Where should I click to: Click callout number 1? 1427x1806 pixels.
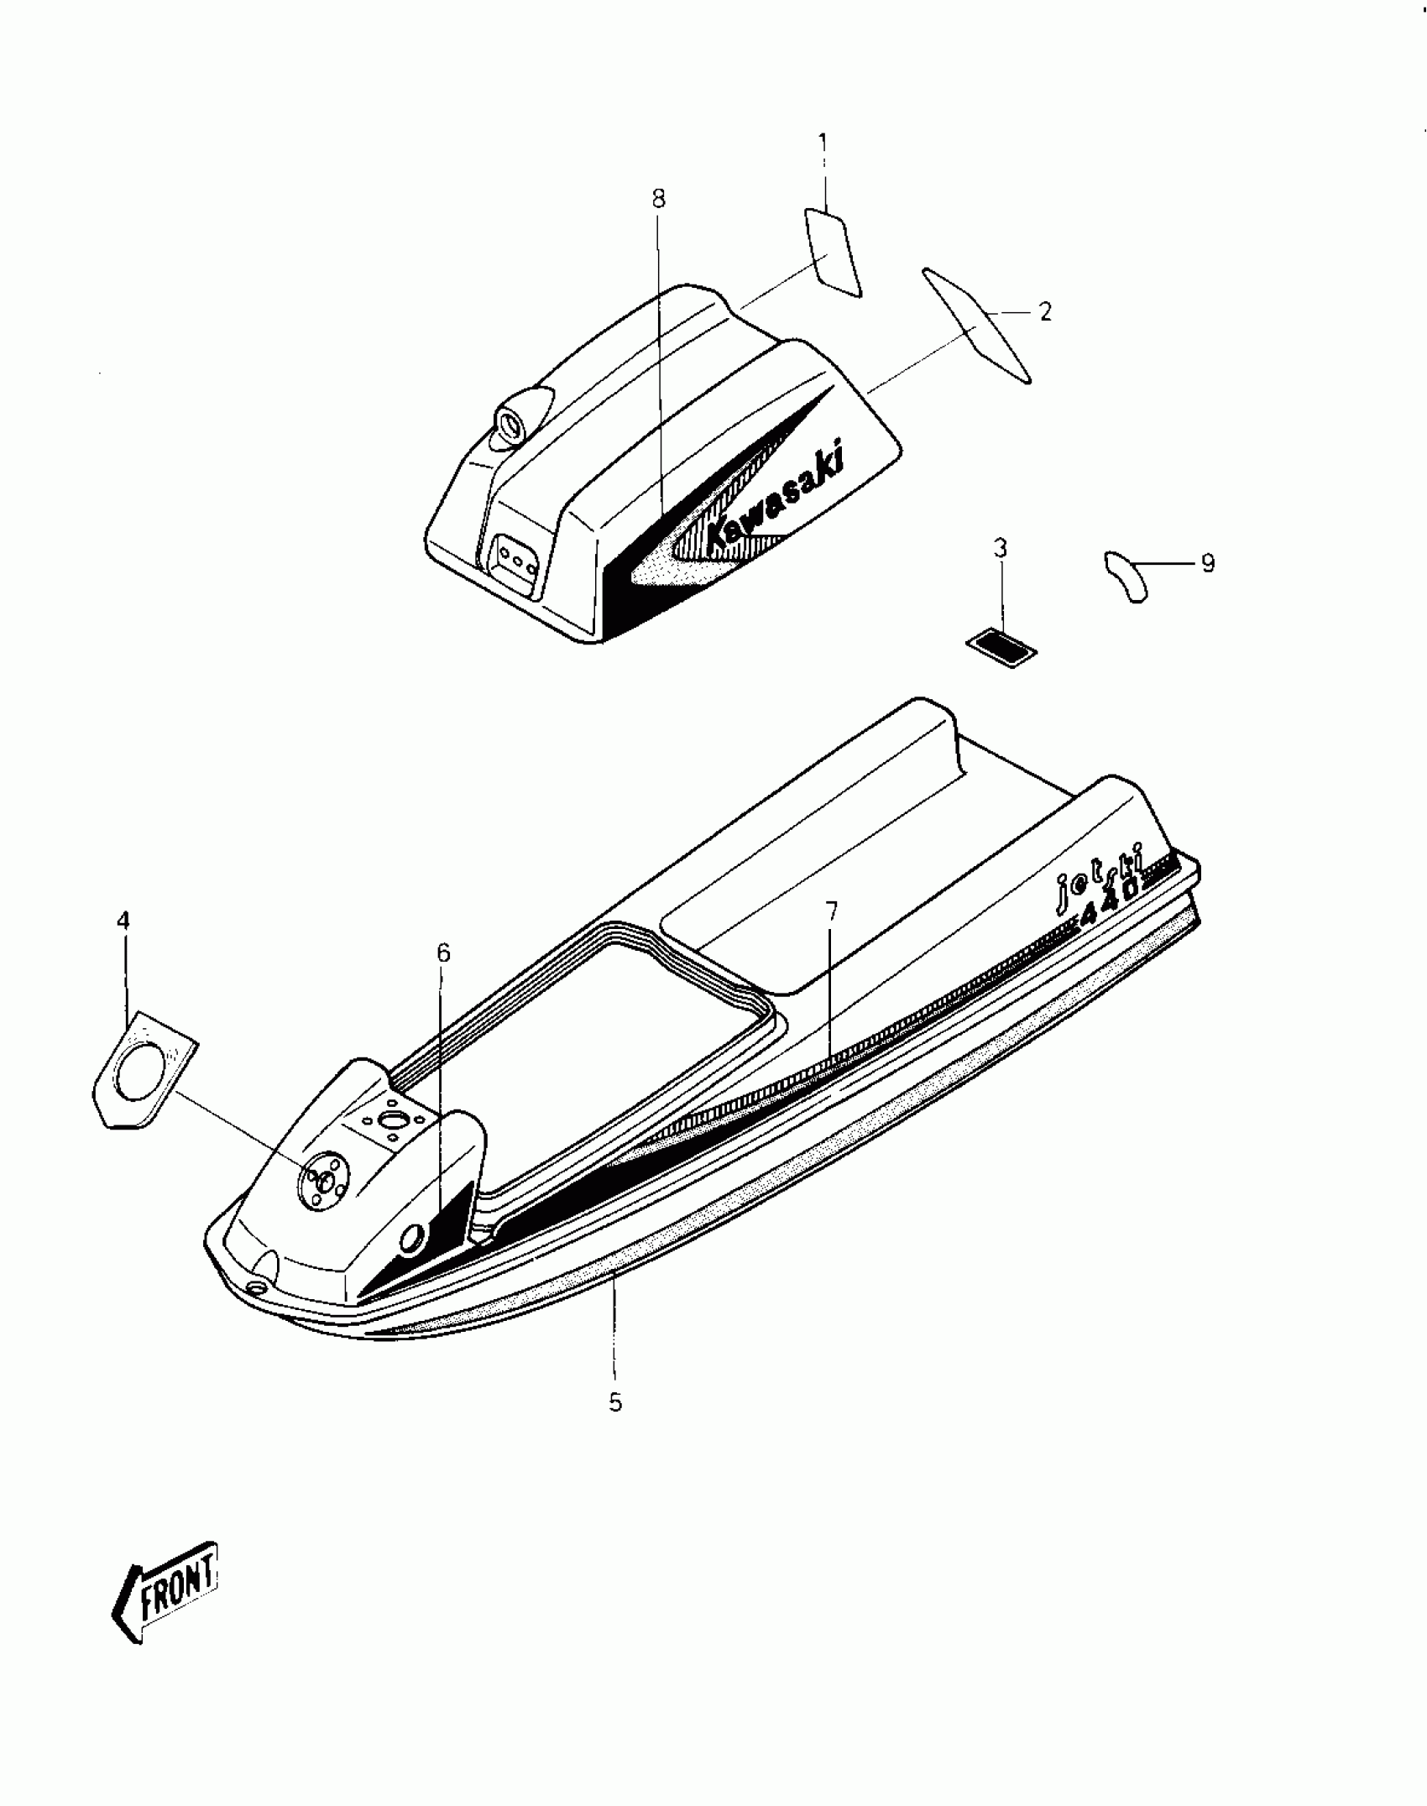(x=823, y=144)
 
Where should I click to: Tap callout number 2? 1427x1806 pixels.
(x=1044, y=312)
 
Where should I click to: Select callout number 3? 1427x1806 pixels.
(x=1001, y=548)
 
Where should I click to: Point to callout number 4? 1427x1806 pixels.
(x=123, y=921)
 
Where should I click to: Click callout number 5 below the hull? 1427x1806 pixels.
(x=615, y=1402)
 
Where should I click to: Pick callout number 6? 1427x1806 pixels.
(x=443, y=953)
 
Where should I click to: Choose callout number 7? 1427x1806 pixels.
(x=831, y=911)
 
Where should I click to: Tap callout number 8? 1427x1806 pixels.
(x=658, y=199)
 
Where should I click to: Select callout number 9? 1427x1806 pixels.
(x=1207, y=563)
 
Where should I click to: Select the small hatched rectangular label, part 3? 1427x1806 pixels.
(x=1001, y=648)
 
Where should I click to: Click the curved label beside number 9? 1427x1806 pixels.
(x=1126, y=576)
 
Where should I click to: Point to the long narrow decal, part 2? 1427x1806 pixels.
(x=977, y=324)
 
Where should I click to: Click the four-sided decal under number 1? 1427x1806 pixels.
(x=833, y=253)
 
